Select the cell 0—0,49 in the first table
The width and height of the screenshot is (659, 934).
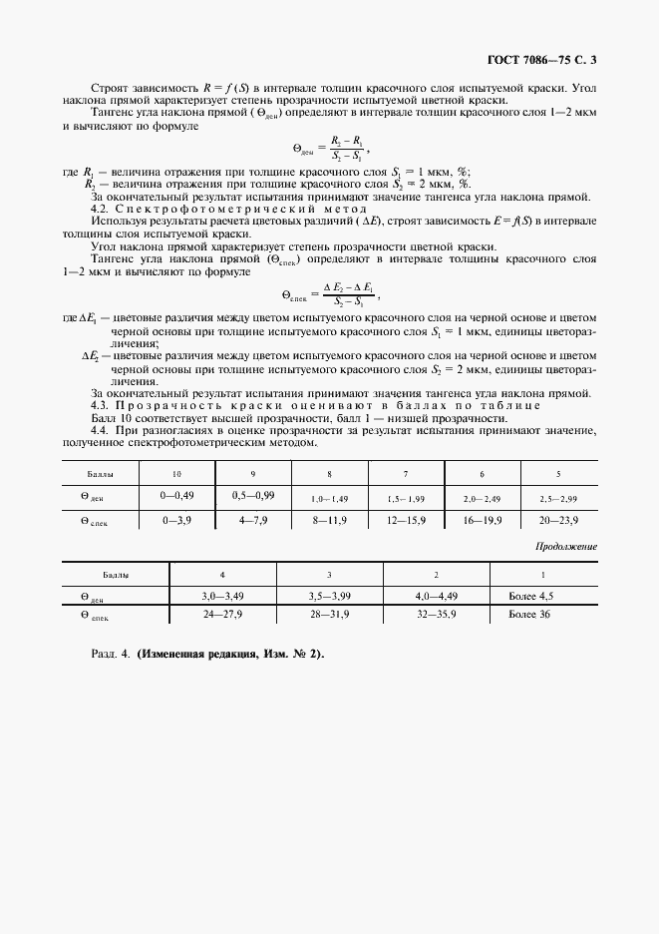pos(177,495)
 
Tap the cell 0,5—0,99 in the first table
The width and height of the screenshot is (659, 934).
pos(253,495)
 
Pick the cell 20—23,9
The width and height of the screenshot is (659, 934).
pos(557,521)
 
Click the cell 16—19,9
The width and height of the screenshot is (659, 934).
pos(482,521)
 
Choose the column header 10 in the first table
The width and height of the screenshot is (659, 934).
pos(177,473)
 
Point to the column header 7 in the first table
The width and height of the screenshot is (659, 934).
pos(405,473)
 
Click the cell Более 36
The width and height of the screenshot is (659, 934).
pos(526,617)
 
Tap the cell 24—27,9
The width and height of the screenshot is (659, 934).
pos(222,617)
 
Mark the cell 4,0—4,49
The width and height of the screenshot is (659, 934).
pos(436,596)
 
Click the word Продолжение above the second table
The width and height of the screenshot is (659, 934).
pos(566,547)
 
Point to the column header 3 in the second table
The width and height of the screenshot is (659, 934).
pos(329,576)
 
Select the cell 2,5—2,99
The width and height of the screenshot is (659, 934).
pos(557,496)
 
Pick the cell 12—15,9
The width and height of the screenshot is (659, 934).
pos(405,521)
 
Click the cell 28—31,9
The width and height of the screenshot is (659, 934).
pos(329,617)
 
